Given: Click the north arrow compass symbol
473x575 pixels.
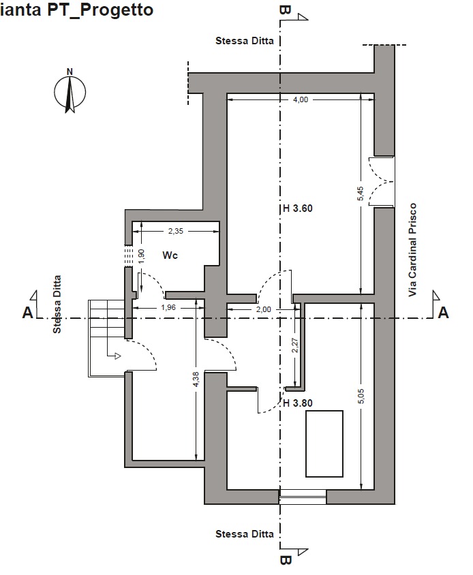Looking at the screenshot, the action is point(70,92).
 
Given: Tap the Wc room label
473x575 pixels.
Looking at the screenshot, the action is point(170,255).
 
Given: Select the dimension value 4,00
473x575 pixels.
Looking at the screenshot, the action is point(301,99).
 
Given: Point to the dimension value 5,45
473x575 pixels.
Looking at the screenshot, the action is point(360,193).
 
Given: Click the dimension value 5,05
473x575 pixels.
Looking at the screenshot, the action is point(361,397).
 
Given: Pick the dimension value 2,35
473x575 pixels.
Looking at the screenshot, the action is point(175,231).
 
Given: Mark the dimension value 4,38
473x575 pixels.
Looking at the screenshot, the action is point(196,379).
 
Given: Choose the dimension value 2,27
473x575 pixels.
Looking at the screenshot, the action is point(295,345).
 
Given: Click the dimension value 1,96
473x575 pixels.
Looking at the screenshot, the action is point(168,307).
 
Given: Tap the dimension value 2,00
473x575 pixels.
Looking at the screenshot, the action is point(264,309).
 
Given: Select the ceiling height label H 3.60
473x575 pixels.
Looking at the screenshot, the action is point(298,208).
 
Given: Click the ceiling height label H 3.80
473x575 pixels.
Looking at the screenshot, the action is point(298,403).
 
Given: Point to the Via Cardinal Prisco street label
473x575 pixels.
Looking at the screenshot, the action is point(413,250).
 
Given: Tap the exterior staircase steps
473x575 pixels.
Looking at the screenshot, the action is point(106,338).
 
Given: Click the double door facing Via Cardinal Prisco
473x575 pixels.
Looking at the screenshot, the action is point(382,181).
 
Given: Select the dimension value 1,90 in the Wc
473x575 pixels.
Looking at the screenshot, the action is point(141,256).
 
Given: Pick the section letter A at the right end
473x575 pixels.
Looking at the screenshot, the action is point(443,313).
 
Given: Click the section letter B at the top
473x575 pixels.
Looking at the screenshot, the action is point(285,10).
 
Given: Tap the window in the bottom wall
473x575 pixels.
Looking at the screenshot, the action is point(303,497).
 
